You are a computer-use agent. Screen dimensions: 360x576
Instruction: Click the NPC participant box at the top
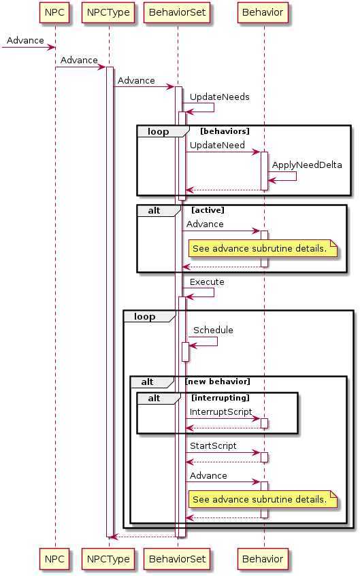pos(54,12)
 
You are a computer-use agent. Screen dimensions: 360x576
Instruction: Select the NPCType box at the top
pos(108,12)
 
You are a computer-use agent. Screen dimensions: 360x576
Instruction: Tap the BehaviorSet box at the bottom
pos(177,559)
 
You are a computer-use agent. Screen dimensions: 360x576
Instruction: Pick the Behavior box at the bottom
pos(263,559)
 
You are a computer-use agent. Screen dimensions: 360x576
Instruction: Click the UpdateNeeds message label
pos(220,97)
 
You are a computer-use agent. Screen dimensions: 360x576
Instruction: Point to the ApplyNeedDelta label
pos(307,165)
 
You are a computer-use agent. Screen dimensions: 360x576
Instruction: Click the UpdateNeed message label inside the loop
pos(217,145)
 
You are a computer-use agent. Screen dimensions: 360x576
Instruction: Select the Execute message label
pos(207,282)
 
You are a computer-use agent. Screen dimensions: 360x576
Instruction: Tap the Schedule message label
pos(213,331)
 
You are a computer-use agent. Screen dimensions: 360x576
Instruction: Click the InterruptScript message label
pos(221,412)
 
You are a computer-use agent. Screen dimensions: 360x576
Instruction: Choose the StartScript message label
pos(213,446)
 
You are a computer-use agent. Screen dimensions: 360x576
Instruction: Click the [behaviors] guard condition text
pos(225,131)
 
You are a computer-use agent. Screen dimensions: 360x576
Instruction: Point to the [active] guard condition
pos(208,210)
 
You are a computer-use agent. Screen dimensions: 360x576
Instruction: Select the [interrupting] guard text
pos(220,398)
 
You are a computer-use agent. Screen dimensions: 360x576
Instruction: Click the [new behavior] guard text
pos(218,382)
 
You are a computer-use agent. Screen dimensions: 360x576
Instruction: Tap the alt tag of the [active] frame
pos(154,211)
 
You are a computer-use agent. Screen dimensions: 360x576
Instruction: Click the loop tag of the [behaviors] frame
pos(158,131)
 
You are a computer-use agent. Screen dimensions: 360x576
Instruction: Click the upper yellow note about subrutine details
pos(263,248)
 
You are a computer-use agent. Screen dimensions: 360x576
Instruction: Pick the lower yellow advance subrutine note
pos(263,499)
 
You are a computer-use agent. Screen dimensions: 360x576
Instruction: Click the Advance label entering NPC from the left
pos(25,40)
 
